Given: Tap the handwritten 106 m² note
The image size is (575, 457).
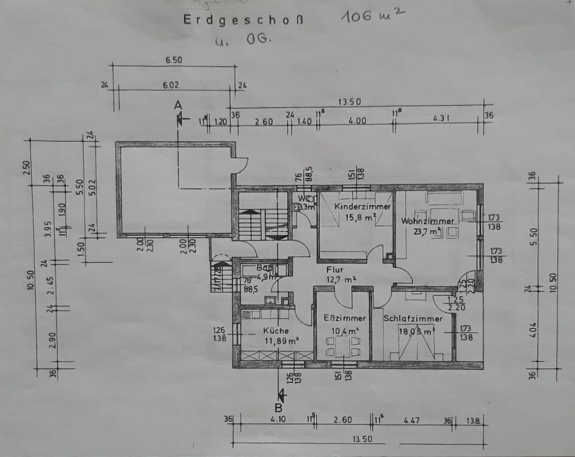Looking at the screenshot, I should (373, 16).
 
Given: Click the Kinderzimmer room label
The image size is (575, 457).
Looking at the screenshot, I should (362, 207).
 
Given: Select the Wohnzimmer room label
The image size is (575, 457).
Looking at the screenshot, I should (428, 221).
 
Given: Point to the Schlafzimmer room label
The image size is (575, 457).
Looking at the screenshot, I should (413, 319).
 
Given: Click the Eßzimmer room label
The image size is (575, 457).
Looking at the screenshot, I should (345, 318).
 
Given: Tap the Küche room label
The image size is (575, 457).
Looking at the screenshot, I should (276, 330).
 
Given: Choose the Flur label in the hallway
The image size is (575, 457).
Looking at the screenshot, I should (334, 269).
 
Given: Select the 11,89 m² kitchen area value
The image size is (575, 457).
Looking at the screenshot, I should (282, 341).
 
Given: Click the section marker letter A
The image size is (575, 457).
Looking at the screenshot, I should (178, 105).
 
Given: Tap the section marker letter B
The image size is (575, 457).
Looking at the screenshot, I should (278, 408).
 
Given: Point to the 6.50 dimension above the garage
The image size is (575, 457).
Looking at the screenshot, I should (173, 60).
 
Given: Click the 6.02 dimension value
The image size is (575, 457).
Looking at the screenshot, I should (171, 85).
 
